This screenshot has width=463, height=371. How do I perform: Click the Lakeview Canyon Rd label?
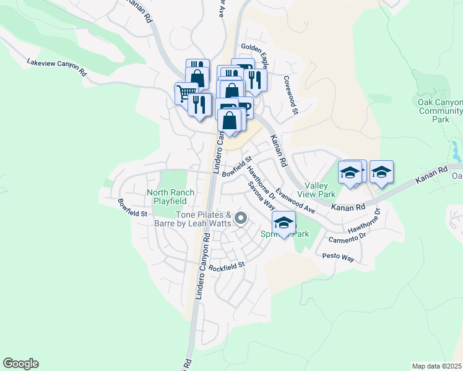point(56,67)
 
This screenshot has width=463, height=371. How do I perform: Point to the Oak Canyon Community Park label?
point(440,111)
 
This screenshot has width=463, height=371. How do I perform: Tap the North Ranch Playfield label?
point(167,197)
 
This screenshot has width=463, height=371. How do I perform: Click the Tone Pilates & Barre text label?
point(204,219)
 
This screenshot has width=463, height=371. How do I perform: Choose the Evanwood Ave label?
point(296,202)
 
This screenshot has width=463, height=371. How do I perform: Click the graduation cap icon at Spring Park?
point(284,222)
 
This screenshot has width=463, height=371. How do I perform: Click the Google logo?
point(20,364)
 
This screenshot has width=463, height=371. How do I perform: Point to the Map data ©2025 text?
point(437,366)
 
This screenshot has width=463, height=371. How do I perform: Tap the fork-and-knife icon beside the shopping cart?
point(199,103)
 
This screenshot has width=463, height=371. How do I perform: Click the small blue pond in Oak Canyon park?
point(456,148)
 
